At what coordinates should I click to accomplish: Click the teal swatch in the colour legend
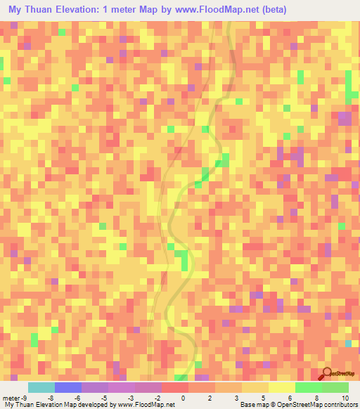coord(41,387)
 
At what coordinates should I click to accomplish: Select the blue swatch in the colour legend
coord(67,387)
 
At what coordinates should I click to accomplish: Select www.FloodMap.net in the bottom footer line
coord(146,405)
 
